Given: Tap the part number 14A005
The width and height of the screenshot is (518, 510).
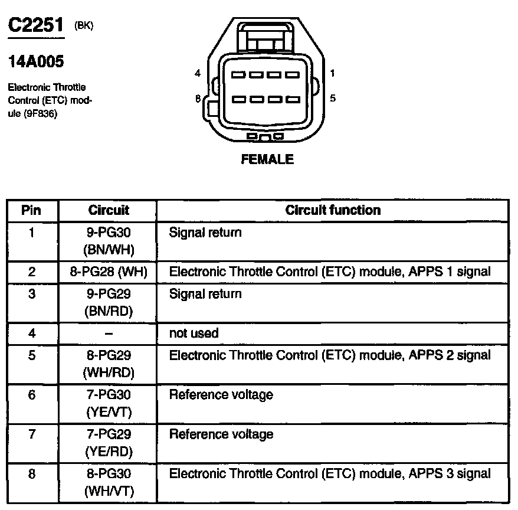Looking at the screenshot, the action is (x=35, y=61).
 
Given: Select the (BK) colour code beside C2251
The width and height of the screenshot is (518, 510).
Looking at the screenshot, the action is (x=84, y=25).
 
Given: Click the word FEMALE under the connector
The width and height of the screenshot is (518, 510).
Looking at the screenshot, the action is (x=267, y=159).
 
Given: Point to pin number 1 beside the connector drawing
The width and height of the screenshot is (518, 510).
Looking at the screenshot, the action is (x=333, y=73).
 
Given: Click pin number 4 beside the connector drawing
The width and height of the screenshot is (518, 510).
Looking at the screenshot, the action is (x=198, y=73).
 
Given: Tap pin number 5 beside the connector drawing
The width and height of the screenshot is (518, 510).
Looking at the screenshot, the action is (x=333, y=98).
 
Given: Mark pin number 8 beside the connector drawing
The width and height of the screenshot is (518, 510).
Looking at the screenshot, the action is (x=198, y=98).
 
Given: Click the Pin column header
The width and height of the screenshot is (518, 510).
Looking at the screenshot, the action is (x=32, y=210).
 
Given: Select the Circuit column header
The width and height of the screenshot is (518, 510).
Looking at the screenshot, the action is (x=108, y=210).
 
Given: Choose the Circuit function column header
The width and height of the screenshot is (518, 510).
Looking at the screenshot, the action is (x=333, y=210).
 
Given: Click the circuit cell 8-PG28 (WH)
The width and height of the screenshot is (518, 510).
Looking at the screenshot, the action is (x=108, y=272).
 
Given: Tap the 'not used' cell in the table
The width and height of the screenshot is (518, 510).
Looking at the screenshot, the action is (x=194, y=334).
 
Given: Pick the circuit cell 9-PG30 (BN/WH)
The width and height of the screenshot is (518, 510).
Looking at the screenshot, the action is (x=108, y=241).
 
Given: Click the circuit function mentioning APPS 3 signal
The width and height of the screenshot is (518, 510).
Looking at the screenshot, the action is (x=329, y=473).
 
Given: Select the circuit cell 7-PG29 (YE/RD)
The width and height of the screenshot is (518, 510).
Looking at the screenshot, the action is (x=108, y=443).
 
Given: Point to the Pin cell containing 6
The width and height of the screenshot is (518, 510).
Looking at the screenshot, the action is (x=32, y=395).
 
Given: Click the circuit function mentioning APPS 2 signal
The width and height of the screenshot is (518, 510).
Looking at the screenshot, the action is (x=329, y=355).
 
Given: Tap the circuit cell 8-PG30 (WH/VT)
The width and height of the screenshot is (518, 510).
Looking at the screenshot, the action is (x=108, y=482).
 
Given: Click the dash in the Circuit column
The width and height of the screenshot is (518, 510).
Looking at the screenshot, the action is (x=108, y=334).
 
